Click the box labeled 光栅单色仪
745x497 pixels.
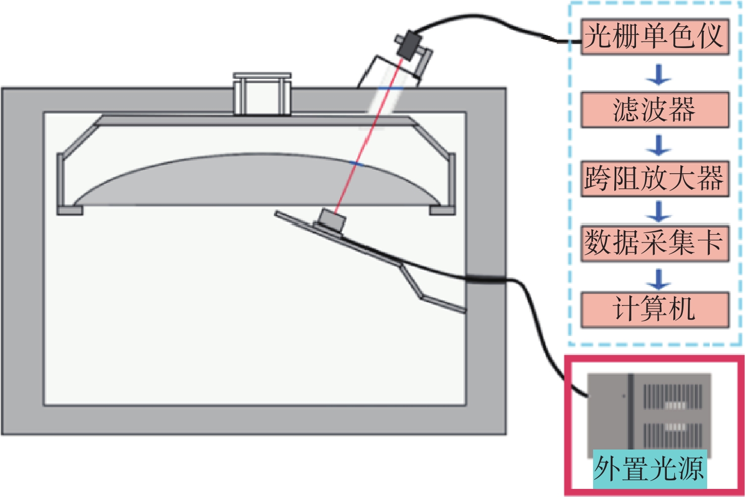point(655,36)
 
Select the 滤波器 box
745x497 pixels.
point(655,110)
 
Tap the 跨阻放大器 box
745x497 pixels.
point(655,179)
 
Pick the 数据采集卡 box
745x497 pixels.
point(655,243)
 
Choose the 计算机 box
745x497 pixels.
point(655,310)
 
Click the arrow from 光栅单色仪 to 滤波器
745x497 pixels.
point(658,75)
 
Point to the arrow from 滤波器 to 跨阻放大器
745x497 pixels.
point(658,145)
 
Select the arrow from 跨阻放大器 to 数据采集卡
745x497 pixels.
point(658,212)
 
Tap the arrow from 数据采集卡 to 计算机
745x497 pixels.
point(658,279)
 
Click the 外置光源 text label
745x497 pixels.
point(650,469)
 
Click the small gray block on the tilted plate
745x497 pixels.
point(332,220)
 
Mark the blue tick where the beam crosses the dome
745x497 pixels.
point(356,164)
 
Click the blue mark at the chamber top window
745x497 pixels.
point(391,88)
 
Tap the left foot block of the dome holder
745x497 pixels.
point(70,211)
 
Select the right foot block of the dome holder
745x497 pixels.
point(442,211)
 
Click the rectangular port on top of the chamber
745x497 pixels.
point(262,94)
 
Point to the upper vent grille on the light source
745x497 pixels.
point(673,396)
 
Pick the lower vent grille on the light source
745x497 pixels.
point(673,435)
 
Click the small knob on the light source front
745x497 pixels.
point(623,396)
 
